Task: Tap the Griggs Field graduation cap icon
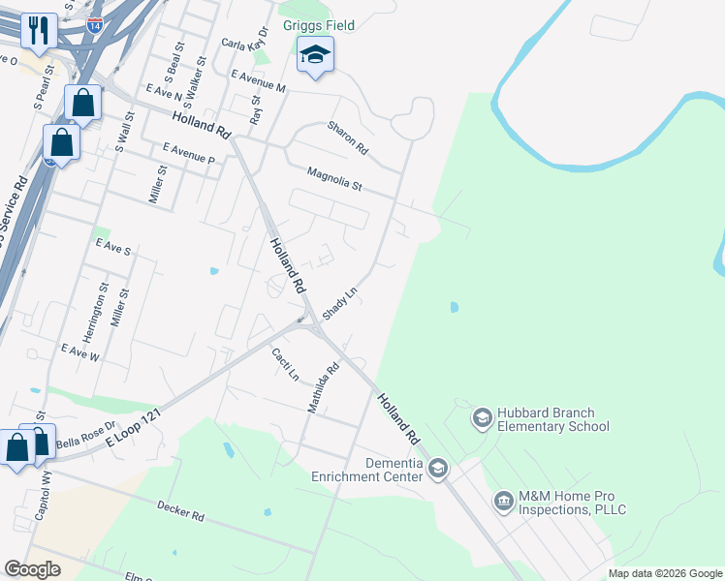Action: tap(315, 54)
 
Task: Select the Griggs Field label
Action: tap(319, 25)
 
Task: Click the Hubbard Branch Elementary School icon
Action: tap(482, 417)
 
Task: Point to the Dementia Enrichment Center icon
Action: tap(438, 469)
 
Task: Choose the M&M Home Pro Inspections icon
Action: tap(503, 501)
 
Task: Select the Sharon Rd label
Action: tap(348, 138)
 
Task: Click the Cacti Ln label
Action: tap(285, 363)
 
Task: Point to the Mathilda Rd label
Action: tap(324, 387)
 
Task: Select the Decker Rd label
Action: tap(179, 510)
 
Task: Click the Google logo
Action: tap(32, 569)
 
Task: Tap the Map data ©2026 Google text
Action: tap(665, 573)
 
